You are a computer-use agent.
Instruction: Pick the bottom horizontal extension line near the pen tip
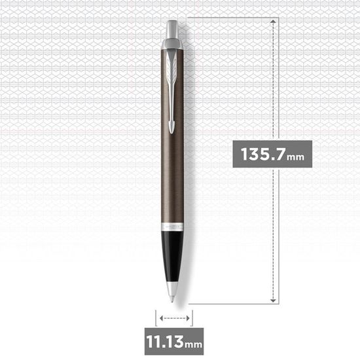pyautogui.click(x=229, y=304)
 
